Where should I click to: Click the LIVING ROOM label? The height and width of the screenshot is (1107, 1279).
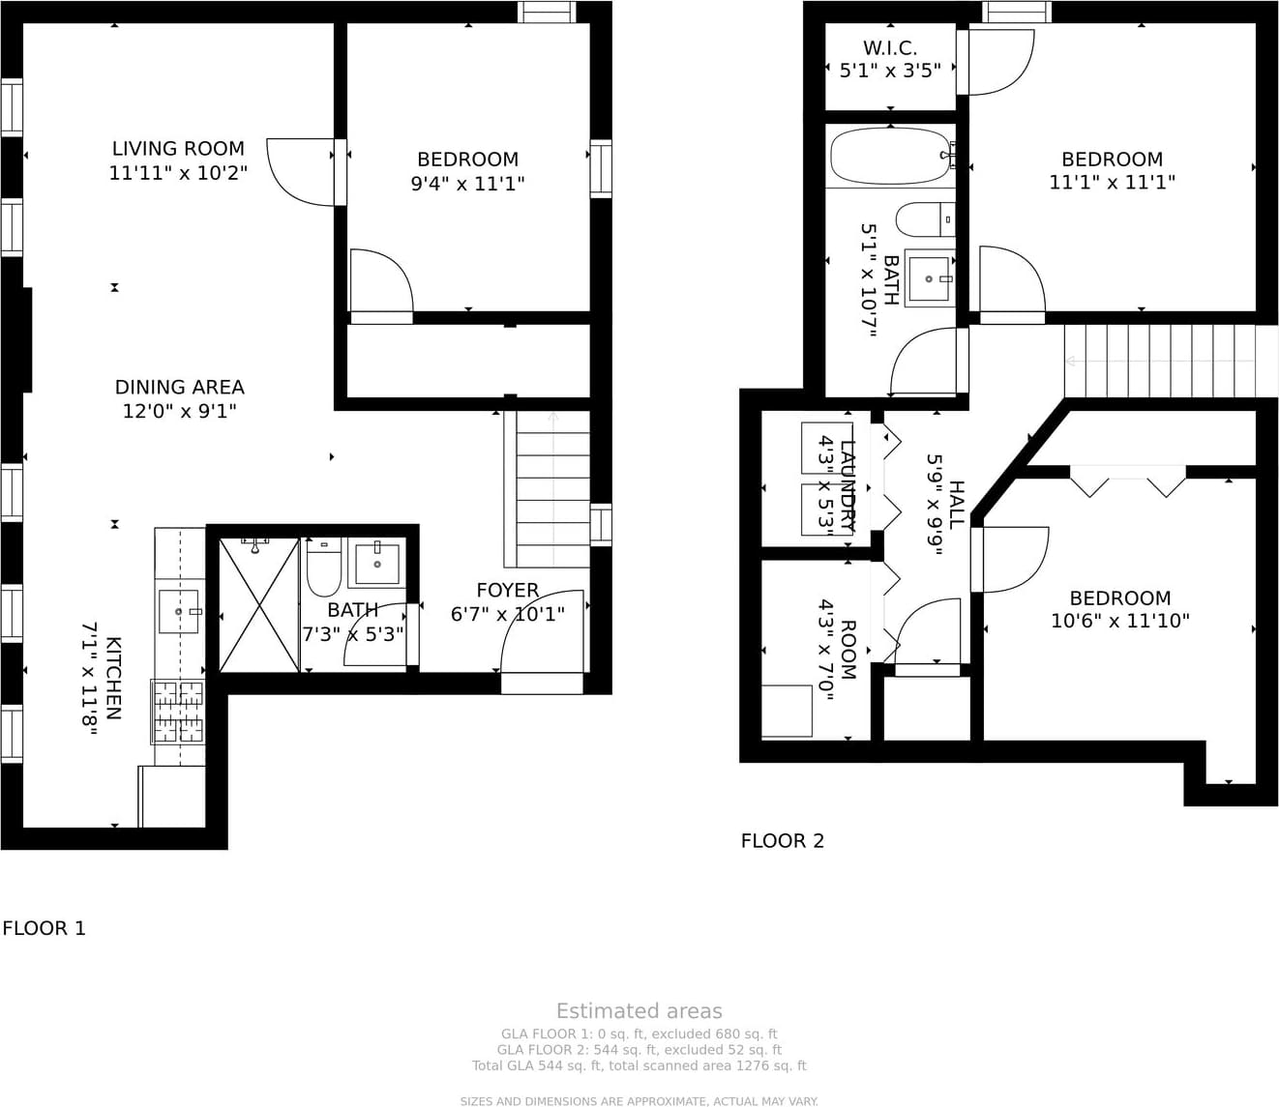click(178, 149)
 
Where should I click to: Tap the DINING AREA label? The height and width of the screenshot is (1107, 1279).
click(179, 387)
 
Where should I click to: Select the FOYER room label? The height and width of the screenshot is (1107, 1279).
click(507, 591)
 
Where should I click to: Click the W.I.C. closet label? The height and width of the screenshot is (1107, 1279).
click(890, 48)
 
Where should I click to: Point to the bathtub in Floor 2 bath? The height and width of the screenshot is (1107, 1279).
click(890, 156)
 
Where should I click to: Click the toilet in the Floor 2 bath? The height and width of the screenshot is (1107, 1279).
click(925, 218)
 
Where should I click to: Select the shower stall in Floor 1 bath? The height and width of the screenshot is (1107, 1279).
click(259, 605)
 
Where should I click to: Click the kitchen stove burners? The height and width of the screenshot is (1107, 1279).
click(178, 712)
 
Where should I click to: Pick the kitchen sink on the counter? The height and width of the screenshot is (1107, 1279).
click(179, 612)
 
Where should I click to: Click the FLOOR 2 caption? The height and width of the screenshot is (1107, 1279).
click(782, 841)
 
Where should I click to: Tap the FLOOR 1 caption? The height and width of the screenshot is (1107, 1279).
click(44, 928)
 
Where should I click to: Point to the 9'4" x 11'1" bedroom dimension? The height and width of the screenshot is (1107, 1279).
click(468, 184)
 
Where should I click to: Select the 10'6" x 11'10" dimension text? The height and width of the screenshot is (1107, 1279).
click(1120, 621)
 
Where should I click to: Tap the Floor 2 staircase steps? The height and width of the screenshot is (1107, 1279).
click(1161, 362)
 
